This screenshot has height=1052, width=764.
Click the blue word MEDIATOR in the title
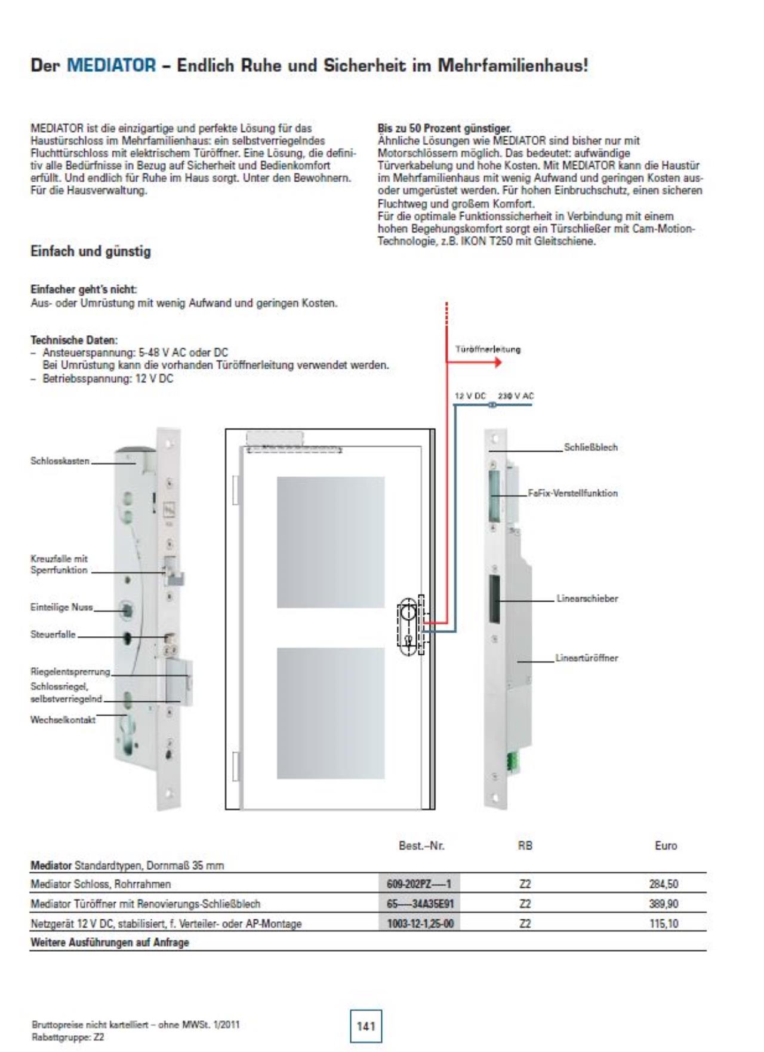coord(111,65)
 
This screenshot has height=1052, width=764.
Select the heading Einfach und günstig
coord(90,252)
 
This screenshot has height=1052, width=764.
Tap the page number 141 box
coord(365,1026)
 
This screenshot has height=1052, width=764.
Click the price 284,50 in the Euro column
coord(663,884)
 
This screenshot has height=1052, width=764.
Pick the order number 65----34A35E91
coord(420,904)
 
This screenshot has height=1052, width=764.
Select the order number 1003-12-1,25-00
coord(420,924)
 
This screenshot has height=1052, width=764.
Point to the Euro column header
coord(666,845)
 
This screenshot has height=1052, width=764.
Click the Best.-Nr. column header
coord(421,845)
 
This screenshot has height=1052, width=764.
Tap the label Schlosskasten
coord(60,461)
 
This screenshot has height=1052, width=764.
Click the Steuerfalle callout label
coord(53,634)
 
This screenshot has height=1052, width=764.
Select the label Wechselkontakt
coord(63,720)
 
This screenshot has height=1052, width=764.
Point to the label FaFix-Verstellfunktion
coord(572,493)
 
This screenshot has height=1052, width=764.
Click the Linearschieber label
coord(587,599)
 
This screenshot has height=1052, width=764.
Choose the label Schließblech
coord(590,447)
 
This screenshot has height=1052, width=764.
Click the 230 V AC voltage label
coord(516,396)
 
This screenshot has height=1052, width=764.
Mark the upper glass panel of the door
coord(331,542)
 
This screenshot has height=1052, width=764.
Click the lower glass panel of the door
coord(331,713)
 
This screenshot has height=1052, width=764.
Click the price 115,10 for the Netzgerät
coord(663,924)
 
